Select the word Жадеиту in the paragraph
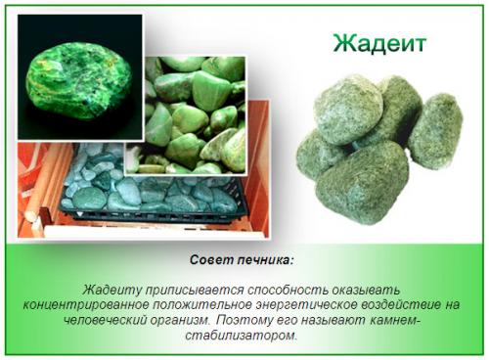tap(111, 291)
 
